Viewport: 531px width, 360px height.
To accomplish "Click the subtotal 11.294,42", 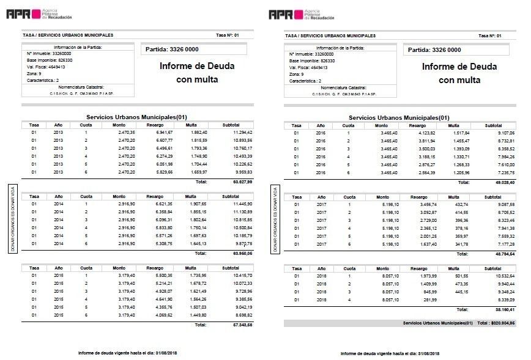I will [243, 132].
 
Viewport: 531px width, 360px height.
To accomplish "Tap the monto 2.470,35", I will [126, 132].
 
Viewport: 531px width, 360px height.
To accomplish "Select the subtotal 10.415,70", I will [243, 275].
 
